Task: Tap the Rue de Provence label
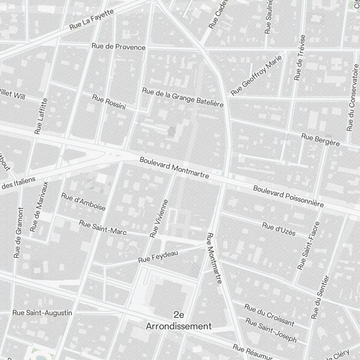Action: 118,47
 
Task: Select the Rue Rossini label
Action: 109,102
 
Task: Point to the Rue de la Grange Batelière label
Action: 183,97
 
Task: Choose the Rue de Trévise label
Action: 300,58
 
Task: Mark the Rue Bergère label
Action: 320,140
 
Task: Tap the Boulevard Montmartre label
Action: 174,168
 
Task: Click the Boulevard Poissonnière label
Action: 288,196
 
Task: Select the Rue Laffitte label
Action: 41,116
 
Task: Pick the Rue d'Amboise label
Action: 83,202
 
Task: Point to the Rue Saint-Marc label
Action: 103,228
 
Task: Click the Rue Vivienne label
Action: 159,219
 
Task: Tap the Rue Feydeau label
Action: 158,257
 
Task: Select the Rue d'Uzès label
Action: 279,229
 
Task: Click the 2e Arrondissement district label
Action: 179,321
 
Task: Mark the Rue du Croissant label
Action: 269,315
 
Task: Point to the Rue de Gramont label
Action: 19,233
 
